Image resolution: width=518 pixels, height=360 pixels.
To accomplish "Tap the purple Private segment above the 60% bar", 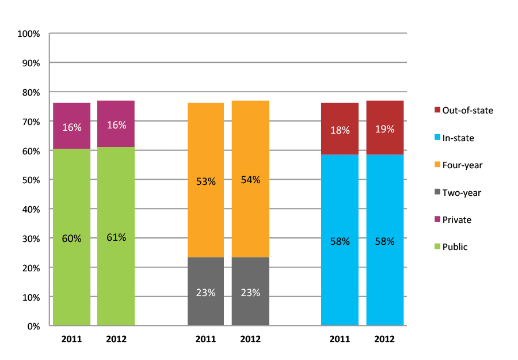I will point(71,127).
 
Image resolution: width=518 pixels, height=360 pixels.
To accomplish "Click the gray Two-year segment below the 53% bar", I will point(205,291).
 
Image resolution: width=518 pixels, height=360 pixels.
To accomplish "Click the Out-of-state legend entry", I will point(468,110).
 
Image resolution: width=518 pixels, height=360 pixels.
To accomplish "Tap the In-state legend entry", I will point(459,138).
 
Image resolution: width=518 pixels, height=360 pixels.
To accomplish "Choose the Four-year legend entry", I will point(462,165).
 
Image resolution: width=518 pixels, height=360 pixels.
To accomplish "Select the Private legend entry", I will point(457,219).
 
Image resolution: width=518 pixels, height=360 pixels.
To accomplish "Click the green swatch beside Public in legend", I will point(437,247).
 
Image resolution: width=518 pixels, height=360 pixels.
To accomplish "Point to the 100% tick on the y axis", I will point(29,34).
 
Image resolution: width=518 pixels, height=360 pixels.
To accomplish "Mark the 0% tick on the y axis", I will point(33,327).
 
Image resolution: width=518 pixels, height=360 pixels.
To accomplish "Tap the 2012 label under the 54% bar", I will point(250,339).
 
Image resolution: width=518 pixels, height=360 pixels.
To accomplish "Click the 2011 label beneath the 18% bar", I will point(340,339).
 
